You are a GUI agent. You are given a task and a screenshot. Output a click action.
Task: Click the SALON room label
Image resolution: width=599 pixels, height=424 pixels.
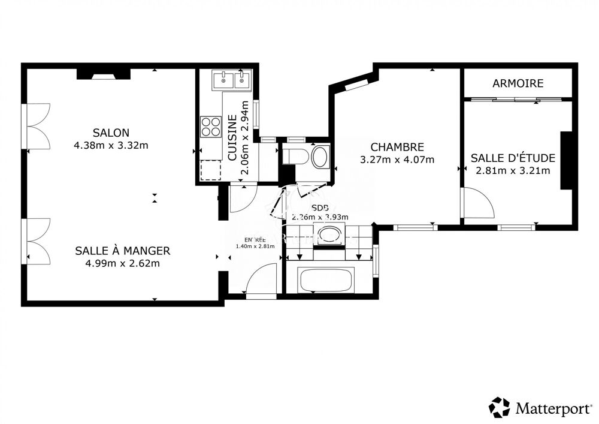111,133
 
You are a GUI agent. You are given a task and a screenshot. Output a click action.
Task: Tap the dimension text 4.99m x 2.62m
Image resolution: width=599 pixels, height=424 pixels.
122,263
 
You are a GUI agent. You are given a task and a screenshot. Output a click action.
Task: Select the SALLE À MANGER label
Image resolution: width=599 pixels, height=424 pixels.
122,251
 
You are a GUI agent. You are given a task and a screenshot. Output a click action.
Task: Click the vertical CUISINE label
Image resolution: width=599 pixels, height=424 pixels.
232,139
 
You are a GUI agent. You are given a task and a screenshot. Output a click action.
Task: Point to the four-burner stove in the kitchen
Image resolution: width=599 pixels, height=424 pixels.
210,127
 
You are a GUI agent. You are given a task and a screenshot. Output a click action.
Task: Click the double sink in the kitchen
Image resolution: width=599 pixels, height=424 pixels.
232,79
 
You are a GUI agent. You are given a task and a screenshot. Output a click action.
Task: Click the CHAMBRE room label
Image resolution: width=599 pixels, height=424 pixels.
397,147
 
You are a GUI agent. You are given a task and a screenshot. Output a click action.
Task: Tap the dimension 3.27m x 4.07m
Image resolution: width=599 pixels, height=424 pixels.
397,160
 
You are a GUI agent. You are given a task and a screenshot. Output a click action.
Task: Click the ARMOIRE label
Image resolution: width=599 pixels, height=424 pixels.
518,83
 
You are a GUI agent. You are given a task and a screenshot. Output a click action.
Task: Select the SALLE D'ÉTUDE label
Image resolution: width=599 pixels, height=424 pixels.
513,158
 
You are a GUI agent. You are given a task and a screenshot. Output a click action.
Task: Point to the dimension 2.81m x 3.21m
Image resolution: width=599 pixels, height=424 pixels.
513,170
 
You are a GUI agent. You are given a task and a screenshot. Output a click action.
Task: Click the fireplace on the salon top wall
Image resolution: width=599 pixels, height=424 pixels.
103,74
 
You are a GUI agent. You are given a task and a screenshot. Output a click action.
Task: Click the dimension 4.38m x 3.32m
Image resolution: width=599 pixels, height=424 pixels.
111,145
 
